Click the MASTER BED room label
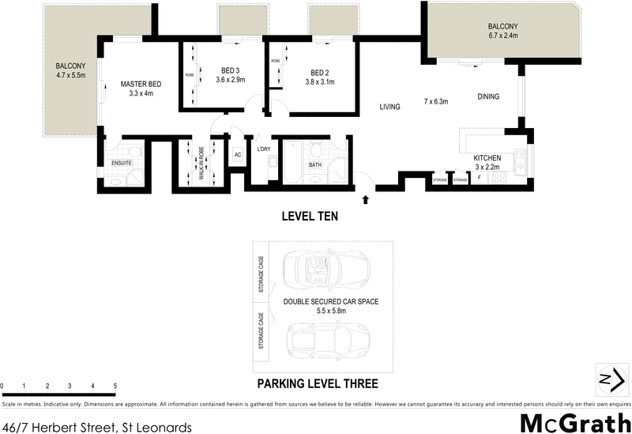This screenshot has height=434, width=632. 141,83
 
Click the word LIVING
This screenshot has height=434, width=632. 389,107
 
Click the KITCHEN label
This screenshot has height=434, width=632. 487,158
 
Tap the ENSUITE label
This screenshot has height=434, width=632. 122,164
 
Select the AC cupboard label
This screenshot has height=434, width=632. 237,155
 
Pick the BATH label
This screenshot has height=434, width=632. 315,165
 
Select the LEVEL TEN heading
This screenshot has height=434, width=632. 311,215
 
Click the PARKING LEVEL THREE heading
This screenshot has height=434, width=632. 317,384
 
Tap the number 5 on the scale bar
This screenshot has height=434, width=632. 115,386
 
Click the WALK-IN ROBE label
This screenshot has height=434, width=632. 201,164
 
